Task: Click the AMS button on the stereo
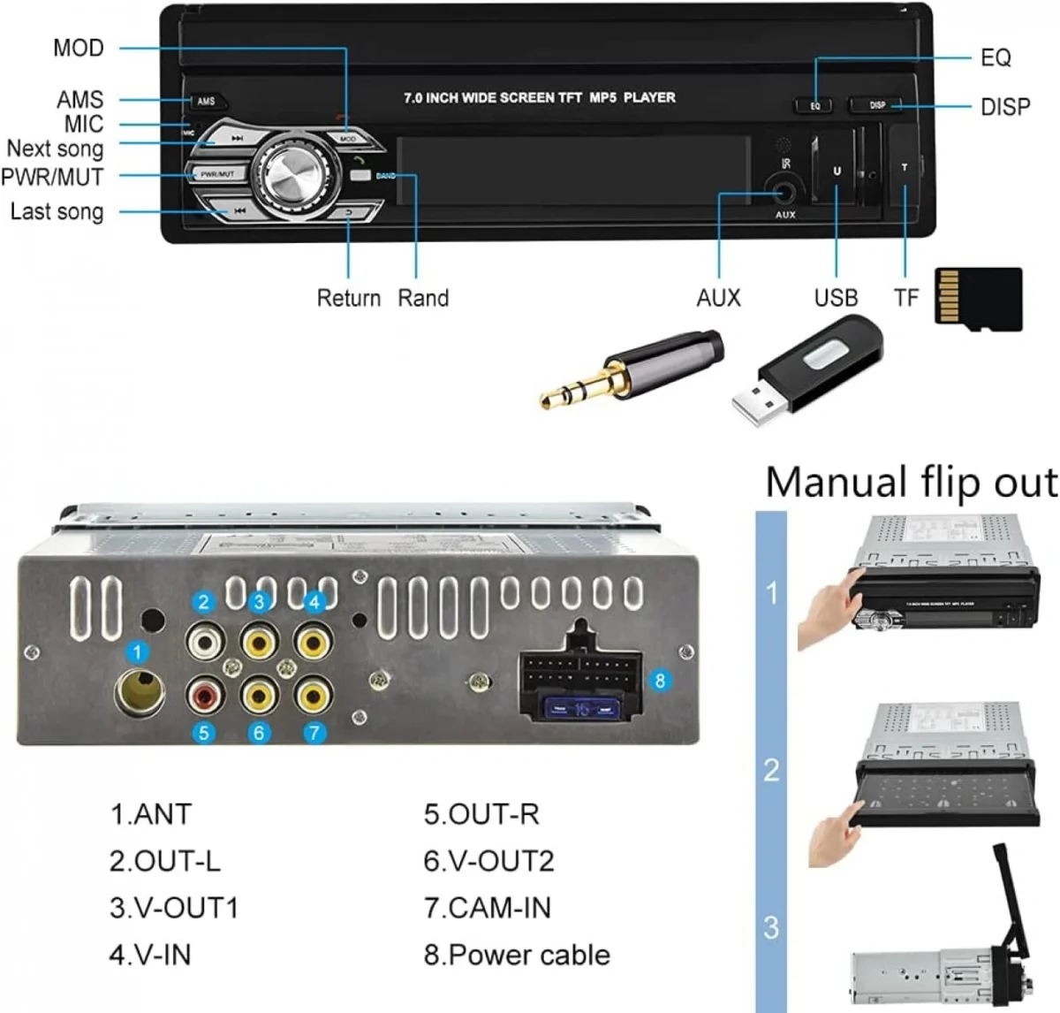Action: click(x=206, y=102)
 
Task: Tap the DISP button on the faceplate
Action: click(x=876, y=105)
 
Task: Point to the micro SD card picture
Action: click(x=978, y=300)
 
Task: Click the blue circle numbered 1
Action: click(x=137, y=653)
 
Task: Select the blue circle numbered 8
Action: click(x=660, y=681)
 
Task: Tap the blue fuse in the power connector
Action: click(x=579, y=709)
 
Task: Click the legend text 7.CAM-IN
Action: click(x=487, y=908)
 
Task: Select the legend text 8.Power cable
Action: click(x=517, y=955)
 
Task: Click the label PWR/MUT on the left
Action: click(x=53, y=176)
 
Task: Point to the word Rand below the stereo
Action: click(x=423, y=298)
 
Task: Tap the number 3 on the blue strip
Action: click(x=771, y=927)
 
